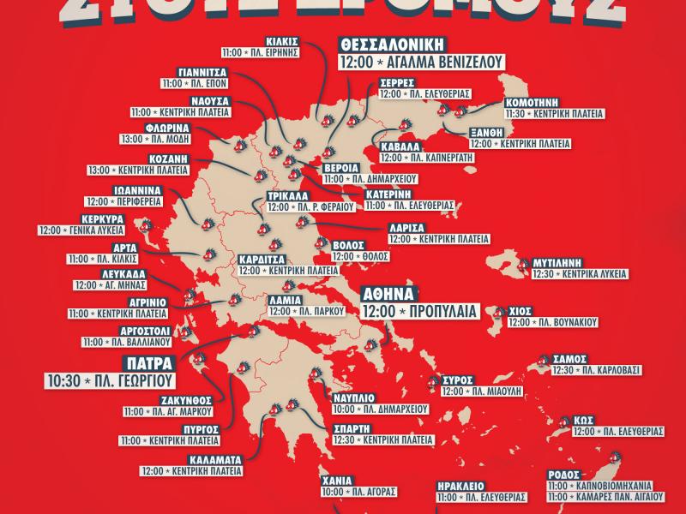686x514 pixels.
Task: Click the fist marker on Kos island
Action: [x=566, y=421]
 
